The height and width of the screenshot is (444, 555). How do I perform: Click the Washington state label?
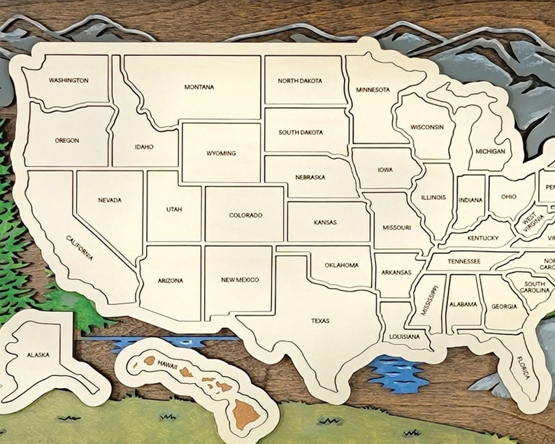[69, 80]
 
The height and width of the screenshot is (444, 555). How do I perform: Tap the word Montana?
[199, 87]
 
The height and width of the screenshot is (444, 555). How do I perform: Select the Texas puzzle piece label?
[320, 321]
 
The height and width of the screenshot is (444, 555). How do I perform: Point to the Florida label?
[524, 368]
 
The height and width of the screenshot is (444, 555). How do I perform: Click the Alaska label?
[38, 355]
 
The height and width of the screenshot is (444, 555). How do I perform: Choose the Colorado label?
[245, 215]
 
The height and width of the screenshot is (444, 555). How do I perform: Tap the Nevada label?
[110, 200]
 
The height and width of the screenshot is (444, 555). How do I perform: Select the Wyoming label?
[221, 153]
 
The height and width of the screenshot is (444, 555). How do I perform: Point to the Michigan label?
[490, 151]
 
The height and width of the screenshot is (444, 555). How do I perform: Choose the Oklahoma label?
[342, 265]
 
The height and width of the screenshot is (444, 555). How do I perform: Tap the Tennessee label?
[464, 262]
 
